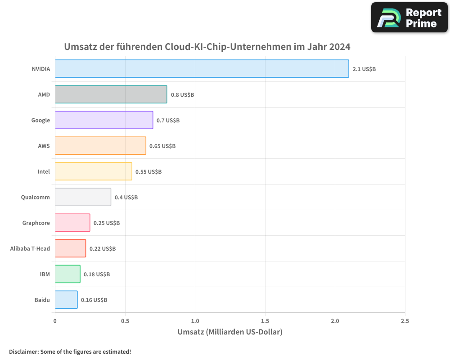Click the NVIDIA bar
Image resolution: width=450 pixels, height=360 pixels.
click(202, 69)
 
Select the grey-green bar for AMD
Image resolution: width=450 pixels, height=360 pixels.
click(111, 94)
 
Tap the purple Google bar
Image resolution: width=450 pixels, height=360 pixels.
click(104, 120)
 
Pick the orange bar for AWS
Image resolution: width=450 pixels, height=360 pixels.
click(100, 146)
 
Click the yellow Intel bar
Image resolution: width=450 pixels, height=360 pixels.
click(93, 171)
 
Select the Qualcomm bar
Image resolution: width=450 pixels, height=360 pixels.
click(83, 197)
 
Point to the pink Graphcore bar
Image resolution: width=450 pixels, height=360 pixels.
click(72, 223)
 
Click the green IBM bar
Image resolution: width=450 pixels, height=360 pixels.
click(67, 274)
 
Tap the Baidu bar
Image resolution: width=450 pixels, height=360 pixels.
click(66, 300)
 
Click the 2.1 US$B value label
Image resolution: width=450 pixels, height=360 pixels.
click(364, 69)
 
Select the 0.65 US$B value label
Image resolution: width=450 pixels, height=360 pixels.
click(162, 146)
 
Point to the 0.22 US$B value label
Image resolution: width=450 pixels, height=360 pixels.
click(103, 249)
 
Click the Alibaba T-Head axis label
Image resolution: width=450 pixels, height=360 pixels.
click(30, 248)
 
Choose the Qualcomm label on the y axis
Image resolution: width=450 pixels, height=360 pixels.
click(36, 197)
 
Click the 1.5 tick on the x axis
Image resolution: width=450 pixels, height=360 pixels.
click(265, 321)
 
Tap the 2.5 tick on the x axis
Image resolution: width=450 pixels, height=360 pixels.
click(405, 321)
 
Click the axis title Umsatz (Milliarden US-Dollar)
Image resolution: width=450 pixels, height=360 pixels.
click(230, 332)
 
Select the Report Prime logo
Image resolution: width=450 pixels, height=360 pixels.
click(409, 18)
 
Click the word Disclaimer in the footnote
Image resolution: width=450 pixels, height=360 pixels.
click(23, 352)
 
